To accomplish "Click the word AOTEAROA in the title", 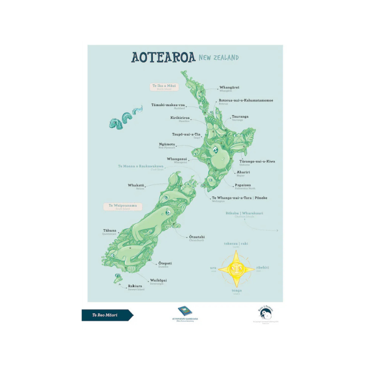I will [163, 57].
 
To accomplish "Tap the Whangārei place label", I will [229, 88].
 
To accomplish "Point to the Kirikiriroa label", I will [180, 118].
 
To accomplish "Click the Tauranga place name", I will [240, 117].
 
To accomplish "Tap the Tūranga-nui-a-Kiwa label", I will [257, 161].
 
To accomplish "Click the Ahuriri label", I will [244, 172].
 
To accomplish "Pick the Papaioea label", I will [243, 185].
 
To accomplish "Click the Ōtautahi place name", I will [197, 237].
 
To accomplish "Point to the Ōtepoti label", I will [165, 263].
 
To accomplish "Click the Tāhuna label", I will [110, 231].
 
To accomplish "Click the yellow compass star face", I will [236, 268].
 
